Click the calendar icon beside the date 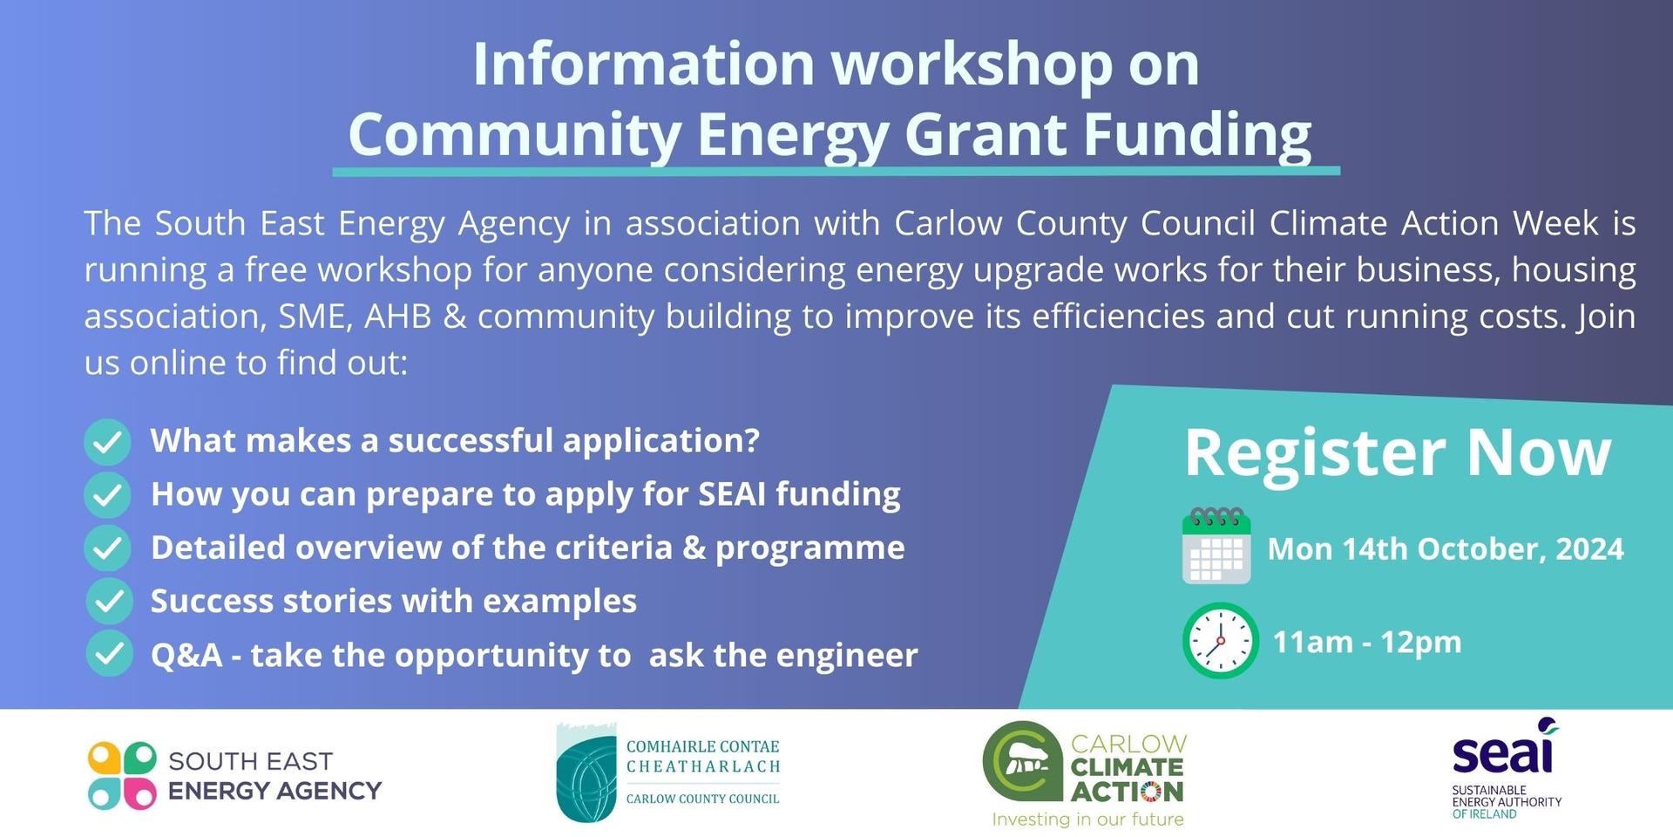1216,546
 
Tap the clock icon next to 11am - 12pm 1220,641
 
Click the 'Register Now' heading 1398,453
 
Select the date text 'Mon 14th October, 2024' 1446,548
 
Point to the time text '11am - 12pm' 1367,642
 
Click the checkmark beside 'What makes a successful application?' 108,442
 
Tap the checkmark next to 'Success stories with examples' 109,602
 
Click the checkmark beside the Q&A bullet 109,654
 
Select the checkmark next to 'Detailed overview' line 108,548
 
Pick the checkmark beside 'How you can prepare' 108,495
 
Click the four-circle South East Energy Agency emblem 122,776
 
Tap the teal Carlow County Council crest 586,772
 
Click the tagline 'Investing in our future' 1088,819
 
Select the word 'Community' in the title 515,134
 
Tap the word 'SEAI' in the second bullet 733,493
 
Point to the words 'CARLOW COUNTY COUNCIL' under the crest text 703,799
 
